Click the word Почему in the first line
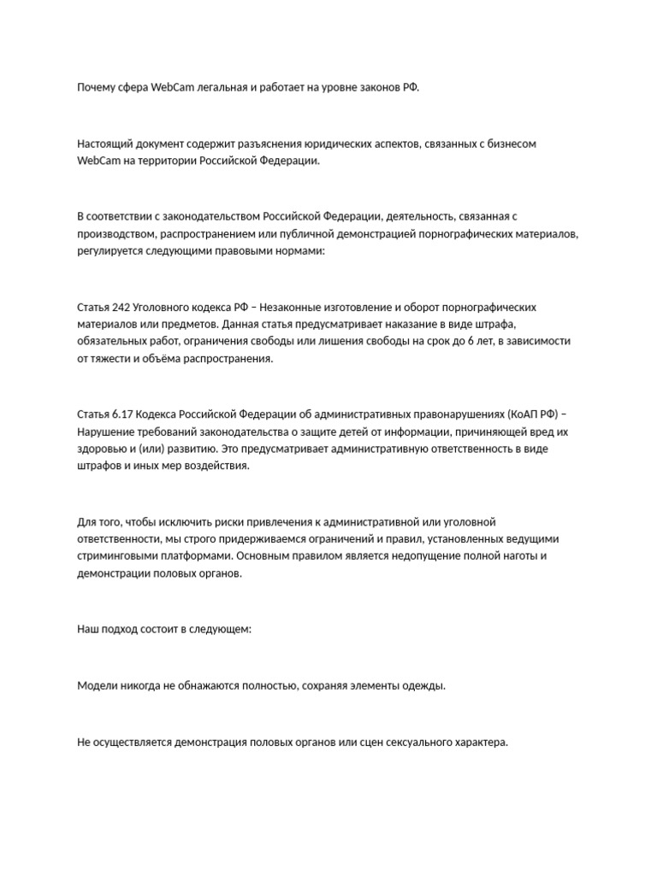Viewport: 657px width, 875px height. pyautogui.click(x=96, y=88)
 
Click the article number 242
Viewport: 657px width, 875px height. pyautogui.click(x=121, y=307)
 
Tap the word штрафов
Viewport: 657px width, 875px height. pyautogui.click(x=99, y=467)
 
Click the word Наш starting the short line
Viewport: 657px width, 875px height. pyautogui.click(x=87, y=629)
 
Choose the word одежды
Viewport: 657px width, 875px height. pyautogui.click(x=425, y=685)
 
